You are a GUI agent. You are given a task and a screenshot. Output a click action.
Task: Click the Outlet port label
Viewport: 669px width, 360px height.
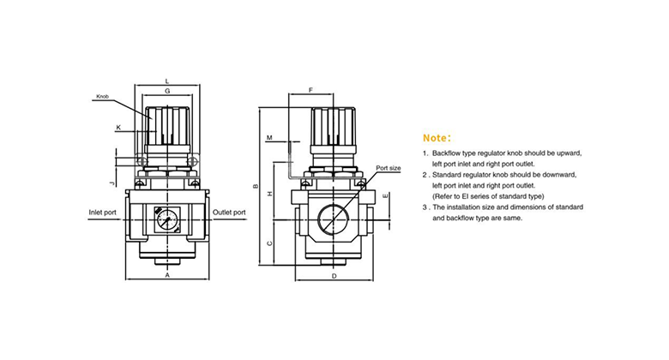[x=229, y=212]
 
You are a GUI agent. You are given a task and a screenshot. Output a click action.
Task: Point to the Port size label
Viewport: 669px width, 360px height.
[x=389, y=168]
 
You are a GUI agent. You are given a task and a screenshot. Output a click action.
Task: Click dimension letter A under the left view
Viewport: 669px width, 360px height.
[x=166, y=275]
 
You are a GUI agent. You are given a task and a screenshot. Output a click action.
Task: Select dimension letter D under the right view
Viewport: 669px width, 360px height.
[x=333, y=275]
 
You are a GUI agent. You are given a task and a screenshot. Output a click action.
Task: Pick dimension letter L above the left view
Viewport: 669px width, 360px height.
[x=166, y=81]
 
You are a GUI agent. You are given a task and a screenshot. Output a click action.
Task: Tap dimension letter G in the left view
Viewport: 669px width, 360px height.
[x=166, y=90]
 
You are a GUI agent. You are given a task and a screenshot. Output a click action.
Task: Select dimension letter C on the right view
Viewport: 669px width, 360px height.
[x=270, y=243]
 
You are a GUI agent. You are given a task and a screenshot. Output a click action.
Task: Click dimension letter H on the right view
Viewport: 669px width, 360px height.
[x=270, y=195]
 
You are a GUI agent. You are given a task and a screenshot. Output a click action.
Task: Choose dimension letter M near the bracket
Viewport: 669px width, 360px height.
[x=268, y=138]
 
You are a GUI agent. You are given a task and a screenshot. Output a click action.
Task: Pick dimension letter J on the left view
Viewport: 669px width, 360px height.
[x=112, y=183]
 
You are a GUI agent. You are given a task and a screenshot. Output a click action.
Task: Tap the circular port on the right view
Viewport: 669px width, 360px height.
[x=333, y=221]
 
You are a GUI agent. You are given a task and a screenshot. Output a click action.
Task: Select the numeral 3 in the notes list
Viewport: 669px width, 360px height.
[x=425, y=207]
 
